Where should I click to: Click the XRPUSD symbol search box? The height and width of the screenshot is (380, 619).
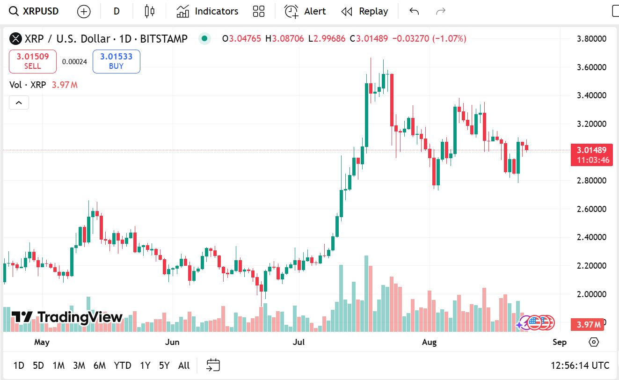click(x=35, y=11)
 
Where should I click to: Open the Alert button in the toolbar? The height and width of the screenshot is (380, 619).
click(x=305, y=11)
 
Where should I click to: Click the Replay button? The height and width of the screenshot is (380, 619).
click(x=364, y=11)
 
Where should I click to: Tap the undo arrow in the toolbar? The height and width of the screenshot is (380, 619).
click(x=414, y=11)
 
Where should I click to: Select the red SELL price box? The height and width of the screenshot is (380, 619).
click(x=33, y=61)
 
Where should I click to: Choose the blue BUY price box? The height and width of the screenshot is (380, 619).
click(x=116, y=61)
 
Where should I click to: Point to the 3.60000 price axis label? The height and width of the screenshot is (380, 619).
click(x=592, y=67)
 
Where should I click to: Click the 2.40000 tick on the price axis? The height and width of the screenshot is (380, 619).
click(x=592, y=237)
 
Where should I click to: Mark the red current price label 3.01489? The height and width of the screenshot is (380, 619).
click(x=591, y=150)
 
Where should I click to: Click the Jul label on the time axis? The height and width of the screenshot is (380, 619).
click(x=299, y=342)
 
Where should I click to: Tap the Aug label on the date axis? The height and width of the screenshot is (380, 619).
click(x=429, y=342)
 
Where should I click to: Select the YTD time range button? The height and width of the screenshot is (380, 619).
click(x=123, y=365)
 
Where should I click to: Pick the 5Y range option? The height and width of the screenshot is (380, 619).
click(x=164, y=365)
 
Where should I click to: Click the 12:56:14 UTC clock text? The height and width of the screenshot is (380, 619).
click(x=580, y=365)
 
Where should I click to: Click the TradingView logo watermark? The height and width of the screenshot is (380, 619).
click(x=67, y=317)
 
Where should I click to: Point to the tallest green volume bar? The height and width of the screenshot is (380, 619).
click(x=366, y=293)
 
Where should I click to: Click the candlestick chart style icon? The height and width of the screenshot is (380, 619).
click(x=149, y=11)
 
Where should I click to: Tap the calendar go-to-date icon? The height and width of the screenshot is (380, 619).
click(x=213, y=365)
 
